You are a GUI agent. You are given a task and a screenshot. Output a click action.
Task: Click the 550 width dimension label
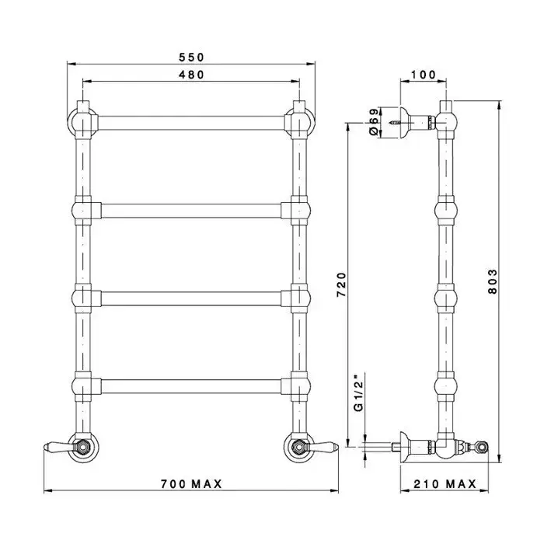click(191, 57)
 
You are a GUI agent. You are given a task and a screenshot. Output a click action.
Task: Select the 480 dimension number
click(191, 75)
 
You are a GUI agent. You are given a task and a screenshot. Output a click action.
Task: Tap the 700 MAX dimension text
click(191, 483)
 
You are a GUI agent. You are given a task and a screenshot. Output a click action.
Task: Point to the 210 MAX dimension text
click(445, 483)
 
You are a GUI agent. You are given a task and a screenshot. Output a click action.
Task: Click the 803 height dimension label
click(492, 281)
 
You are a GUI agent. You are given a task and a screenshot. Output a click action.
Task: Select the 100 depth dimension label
click(423, 75)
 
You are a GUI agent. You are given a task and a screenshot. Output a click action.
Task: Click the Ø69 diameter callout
click(373, 122)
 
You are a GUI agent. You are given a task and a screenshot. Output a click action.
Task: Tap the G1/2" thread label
click(358, 392)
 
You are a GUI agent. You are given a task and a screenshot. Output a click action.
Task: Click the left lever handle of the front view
click(58, 446)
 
